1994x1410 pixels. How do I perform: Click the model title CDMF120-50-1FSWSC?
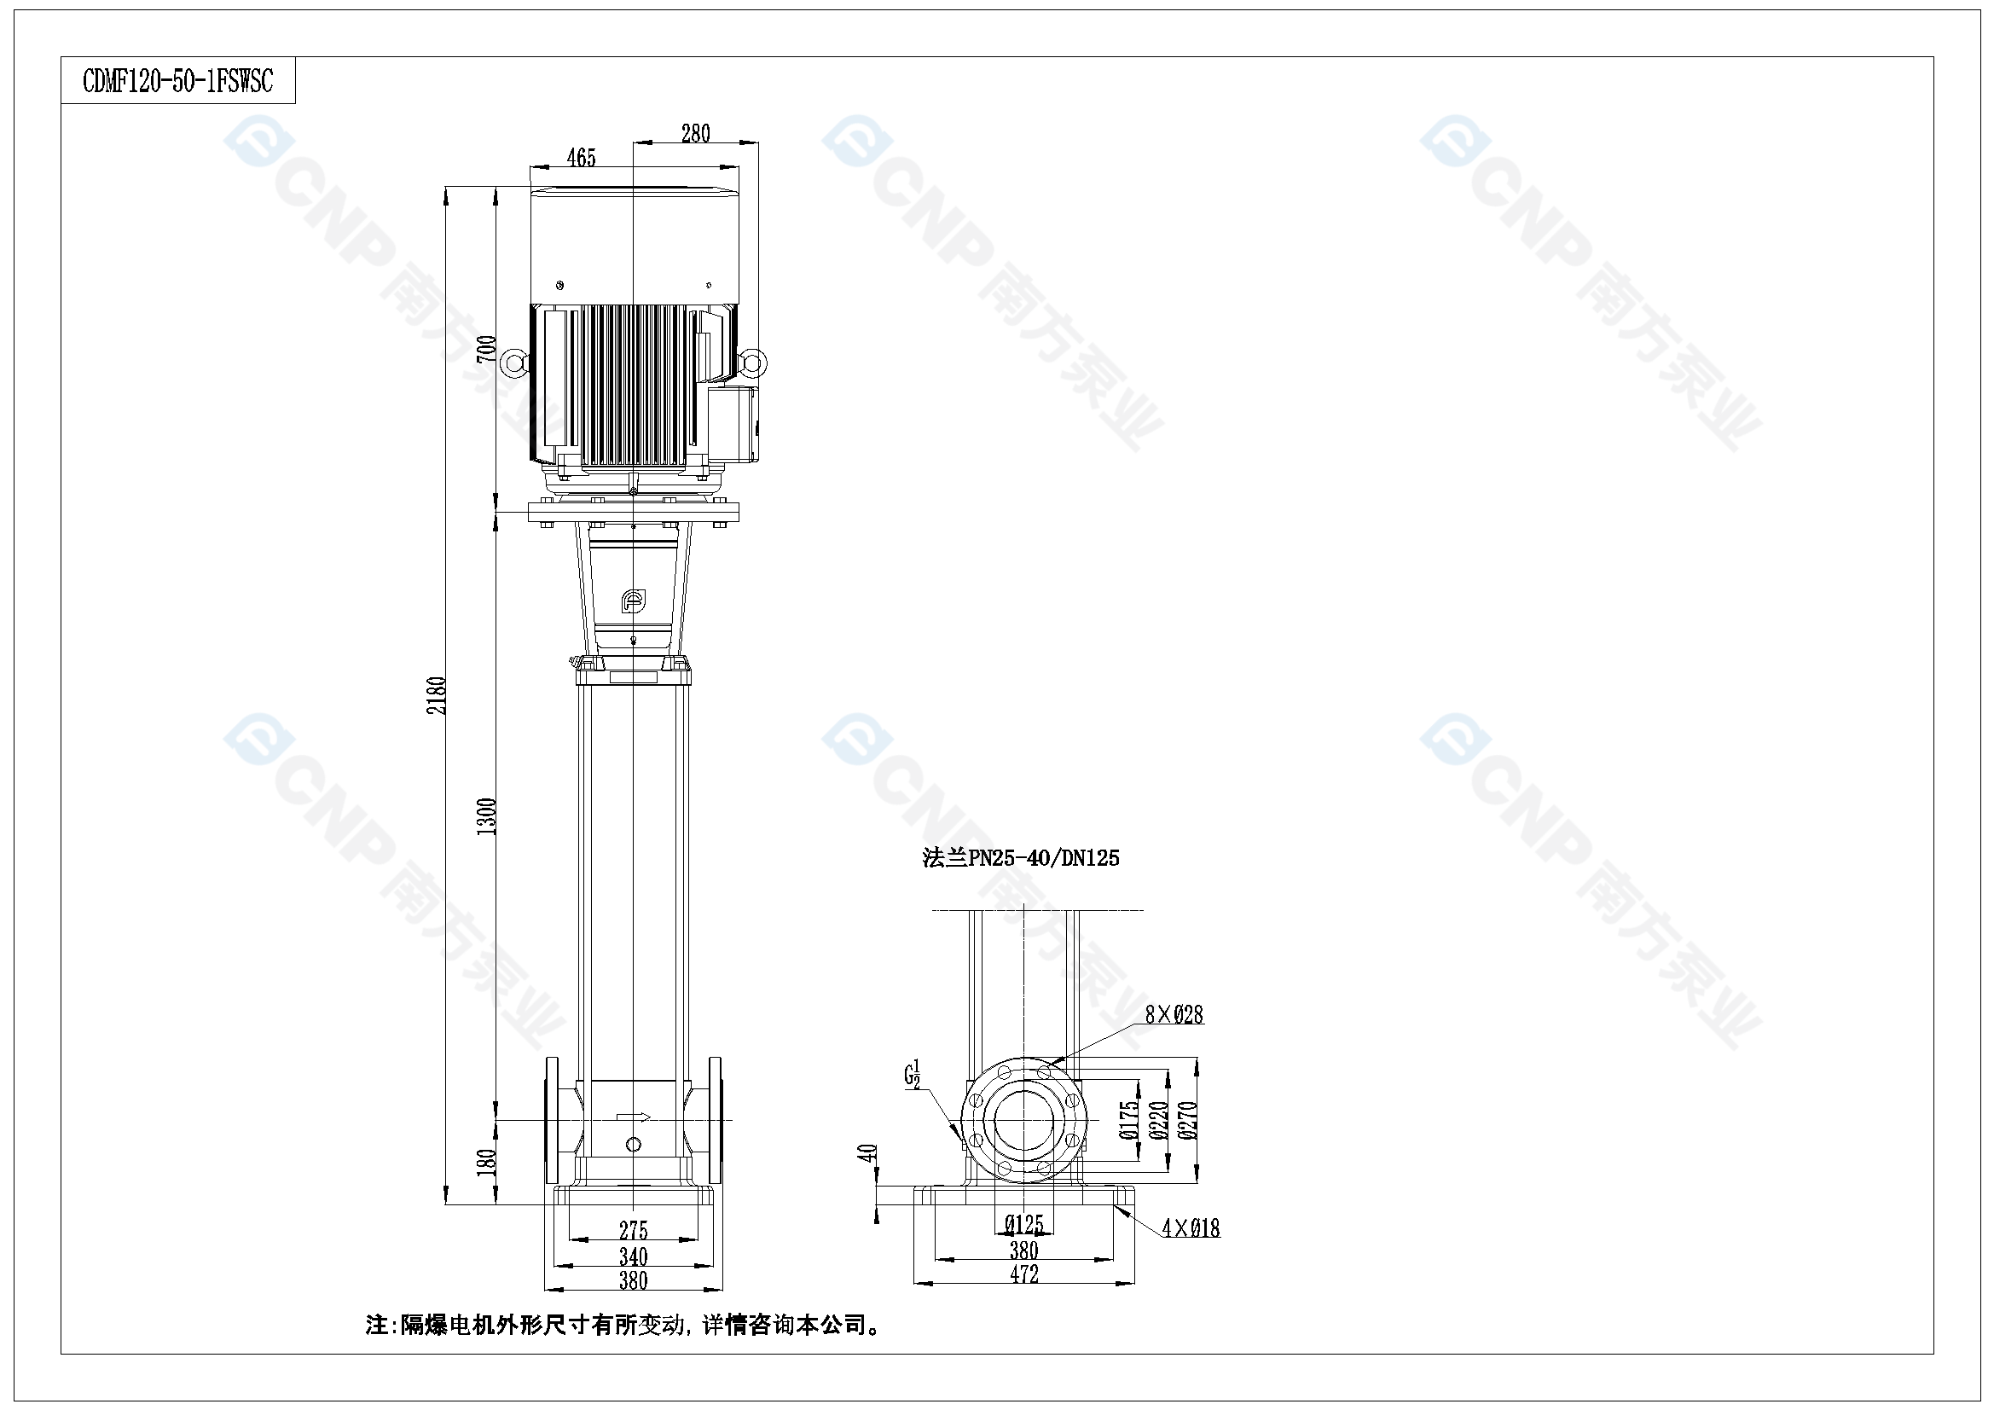(x=178, y=81)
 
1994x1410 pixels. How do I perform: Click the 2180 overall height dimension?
(x=438, y=696)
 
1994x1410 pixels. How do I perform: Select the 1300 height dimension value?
(x=487, y=816)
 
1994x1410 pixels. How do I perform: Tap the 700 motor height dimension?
(x=487, y=348)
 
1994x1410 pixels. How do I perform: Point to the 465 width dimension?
(x=581, y=157)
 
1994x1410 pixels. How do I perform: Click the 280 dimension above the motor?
(x=696, y=133)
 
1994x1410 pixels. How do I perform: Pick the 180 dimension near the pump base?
(x=487, y=1162)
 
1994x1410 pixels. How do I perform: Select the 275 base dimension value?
(x=633, y=1230)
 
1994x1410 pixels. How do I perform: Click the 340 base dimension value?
(x=633, y=1256)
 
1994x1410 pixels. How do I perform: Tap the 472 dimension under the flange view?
(x=1024, y=1274)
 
